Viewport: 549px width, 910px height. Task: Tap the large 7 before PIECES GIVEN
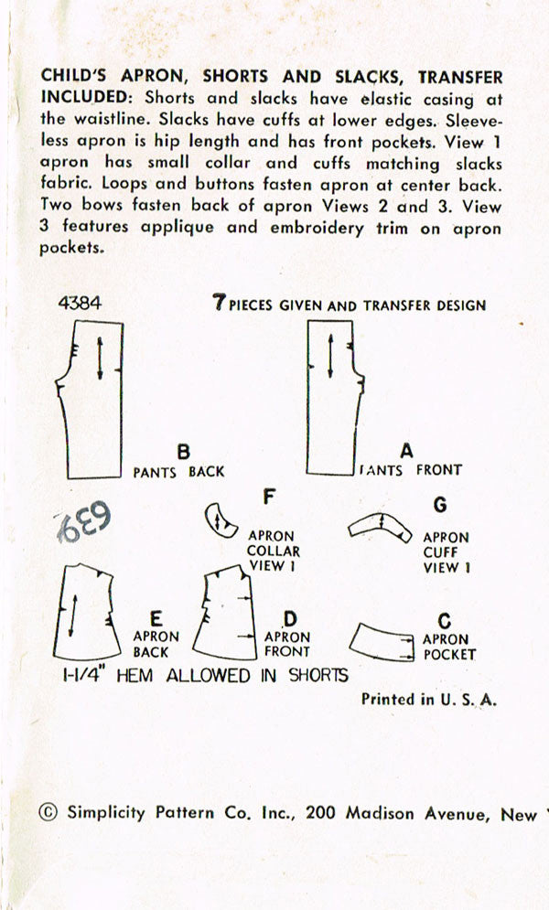[219, 304]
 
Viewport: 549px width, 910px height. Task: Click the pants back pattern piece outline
[97, 402]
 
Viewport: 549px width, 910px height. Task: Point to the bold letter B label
[183, 452]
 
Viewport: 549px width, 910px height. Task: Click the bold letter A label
[407, 451]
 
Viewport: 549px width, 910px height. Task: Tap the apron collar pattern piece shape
[219, 519]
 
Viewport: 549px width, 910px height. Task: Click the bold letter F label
[269, 498]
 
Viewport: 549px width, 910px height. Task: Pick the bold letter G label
[441, 505]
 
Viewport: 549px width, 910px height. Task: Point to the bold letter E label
[156, 618]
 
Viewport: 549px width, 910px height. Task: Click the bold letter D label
[289, 619]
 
